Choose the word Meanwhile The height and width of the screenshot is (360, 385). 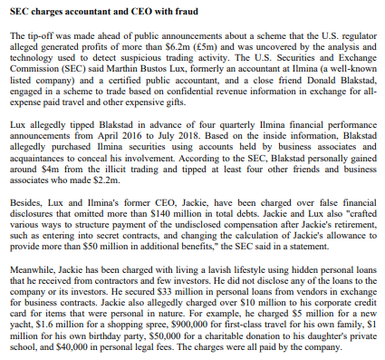pos(34,269)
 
